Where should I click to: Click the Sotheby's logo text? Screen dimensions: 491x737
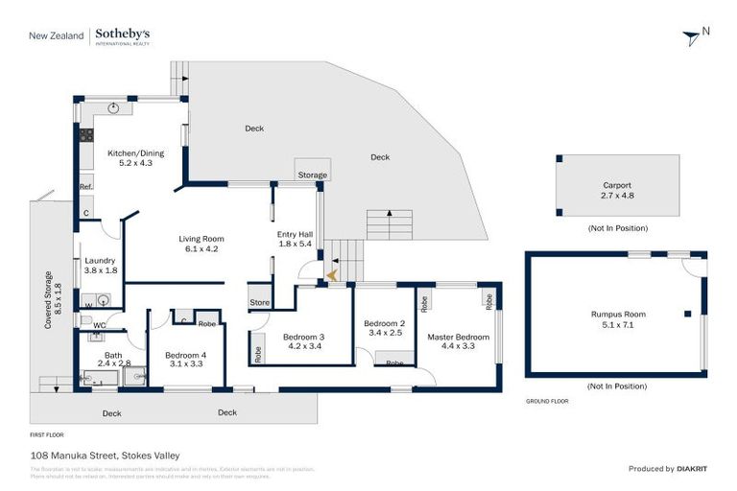tap(122, 35)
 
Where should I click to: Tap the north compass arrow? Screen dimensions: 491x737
tap(691, 37)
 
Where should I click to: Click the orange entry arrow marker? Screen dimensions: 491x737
tap(332, 275)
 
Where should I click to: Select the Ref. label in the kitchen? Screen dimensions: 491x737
tap(85, 186)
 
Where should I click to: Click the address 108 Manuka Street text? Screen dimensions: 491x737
tap(104, 455)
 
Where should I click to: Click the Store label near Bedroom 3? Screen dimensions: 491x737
tap(259, 303)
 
